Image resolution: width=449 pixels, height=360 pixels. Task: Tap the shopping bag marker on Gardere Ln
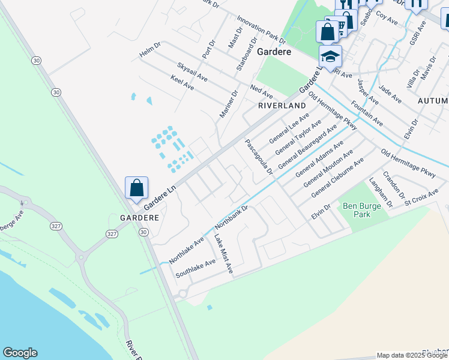pos(137,188)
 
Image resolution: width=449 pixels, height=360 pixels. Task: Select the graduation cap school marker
pos(330,57)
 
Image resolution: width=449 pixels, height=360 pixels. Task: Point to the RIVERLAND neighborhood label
pos(282,106)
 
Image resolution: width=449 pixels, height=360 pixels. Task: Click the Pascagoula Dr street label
pos(259,157)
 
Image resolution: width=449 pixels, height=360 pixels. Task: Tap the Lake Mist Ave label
pos(223,254)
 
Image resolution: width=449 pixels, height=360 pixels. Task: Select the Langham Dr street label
pos(381,193)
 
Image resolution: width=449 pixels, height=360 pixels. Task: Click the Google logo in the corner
pos(20,353)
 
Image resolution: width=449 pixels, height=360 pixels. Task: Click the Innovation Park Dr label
pos(261,31)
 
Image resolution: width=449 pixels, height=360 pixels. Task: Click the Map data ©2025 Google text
pos(412,355)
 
